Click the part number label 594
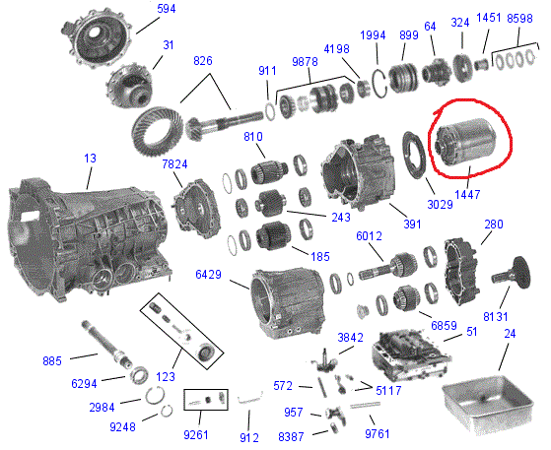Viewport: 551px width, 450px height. (x=167, y=9)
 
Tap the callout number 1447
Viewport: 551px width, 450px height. (x=467, y=194)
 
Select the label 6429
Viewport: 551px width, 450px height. (x=208, y=274)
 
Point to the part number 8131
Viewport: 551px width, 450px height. (x=496, y=317)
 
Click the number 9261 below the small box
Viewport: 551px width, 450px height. (x=196, y=435)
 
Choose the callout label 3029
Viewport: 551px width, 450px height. (x=440, y=204)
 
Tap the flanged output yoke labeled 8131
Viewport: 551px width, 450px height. (x=512, y=274)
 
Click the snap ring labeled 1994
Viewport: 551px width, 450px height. (x=379, y=85)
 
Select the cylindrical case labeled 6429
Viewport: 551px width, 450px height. (x=289, y=302)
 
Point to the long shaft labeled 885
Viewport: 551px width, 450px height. (x=106, y=344)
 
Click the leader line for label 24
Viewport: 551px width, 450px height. (x=504, y=357)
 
